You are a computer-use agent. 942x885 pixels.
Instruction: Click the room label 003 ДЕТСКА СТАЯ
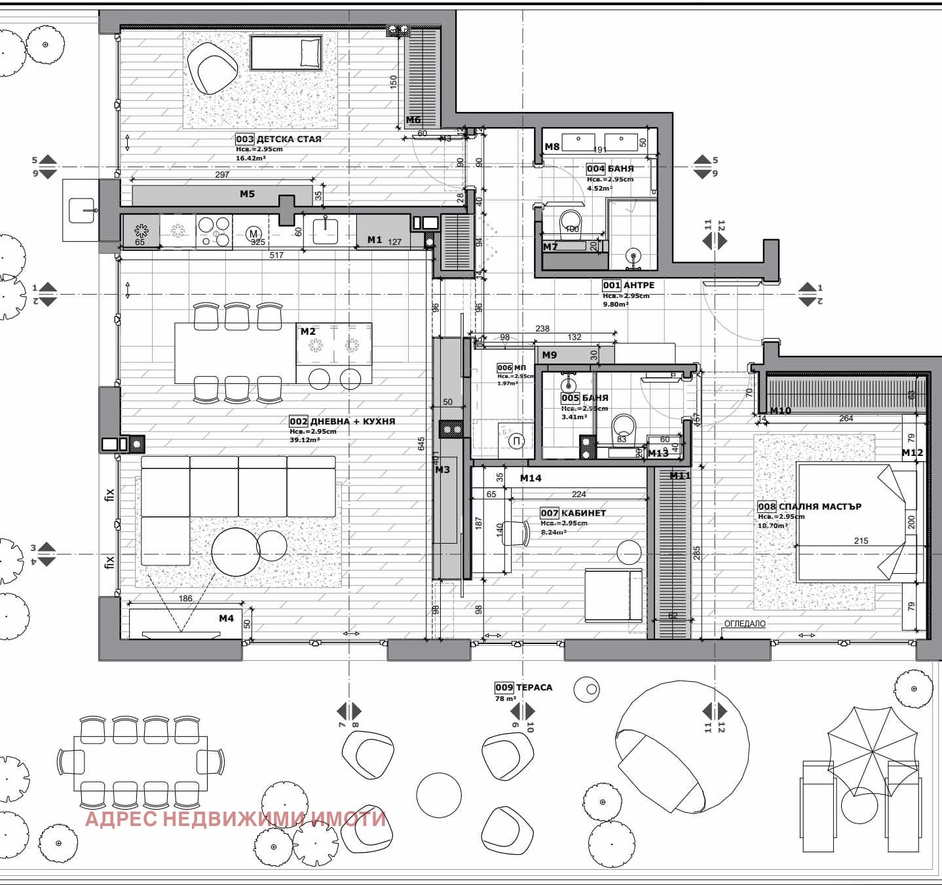278,139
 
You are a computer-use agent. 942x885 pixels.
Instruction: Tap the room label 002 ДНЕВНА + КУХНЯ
342,421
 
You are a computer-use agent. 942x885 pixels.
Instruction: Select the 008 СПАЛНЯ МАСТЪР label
809,506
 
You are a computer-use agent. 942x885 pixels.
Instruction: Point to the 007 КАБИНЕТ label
573,513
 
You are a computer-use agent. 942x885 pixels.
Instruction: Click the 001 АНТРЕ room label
628,285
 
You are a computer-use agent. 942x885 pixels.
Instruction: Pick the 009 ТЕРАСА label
523,687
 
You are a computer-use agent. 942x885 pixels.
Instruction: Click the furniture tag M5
247,194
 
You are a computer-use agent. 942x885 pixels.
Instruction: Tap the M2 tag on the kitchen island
308,331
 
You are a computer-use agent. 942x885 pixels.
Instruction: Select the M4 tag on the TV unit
226,618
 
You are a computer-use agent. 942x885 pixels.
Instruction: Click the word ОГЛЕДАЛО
744,624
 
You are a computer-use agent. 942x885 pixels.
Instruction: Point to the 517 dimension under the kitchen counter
276,255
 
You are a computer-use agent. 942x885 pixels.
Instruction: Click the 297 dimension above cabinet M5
222,174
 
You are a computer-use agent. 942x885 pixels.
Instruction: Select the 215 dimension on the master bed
861,540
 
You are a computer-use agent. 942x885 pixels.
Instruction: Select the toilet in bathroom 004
571,221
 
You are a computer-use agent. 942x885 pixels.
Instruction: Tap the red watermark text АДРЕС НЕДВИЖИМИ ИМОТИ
236,819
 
